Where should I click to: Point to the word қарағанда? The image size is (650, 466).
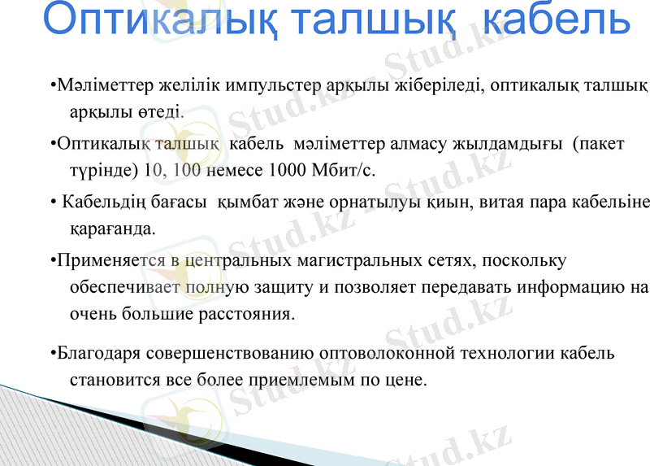click(x=113, y=229)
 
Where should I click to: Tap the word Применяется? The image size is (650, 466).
click(x=110, y=262)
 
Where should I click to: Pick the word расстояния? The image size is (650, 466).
click(x=251, y=313)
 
